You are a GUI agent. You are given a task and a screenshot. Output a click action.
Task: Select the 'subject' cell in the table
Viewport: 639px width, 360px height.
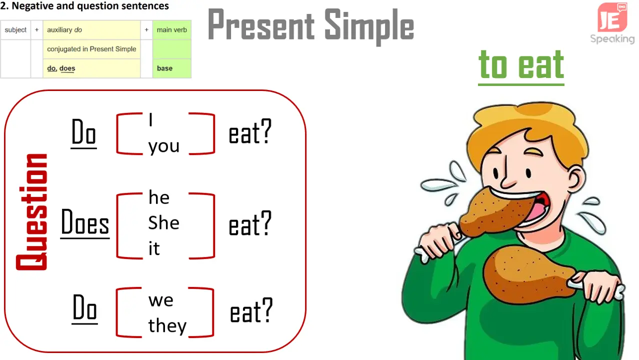(15, 30)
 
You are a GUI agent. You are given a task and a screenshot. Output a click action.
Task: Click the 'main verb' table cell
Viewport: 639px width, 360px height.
(171, 30)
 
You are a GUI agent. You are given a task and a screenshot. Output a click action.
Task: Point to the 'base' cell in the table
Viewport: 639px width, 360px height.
(171, 68)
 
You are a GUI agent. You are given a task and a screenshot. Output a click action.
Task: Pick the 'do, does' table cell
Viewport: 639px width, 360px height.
(91, 68)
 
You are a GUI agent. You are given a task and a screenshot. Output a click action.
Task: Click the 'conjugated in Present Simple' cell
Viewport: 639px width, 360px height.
(91, 49)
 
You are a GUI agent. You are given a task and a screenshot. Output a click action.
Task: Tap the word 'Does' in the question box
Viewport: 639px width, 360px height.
(85, 222)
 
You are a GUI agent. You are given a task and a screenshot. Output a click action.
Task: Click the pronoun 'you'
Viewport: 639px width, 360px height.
(163, 146)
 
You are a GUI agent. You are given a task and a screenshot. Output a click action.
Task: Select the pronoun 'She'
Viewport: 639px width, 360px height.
(163, 222)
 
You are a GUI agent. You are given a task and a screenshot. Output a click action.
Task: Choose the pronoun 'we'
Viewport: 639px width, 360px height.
(160, 300)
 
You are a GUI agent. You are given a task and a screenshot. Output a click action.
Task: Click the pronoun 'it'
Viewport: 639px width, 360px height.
(154, 248)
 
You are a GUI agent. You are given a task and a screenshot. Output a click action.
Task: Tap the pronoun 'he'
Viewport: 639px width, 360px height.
(159, 197)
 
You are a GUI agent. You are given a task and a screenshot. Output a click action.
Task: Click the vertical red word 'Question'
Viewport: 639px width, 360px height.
(32, 211)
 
